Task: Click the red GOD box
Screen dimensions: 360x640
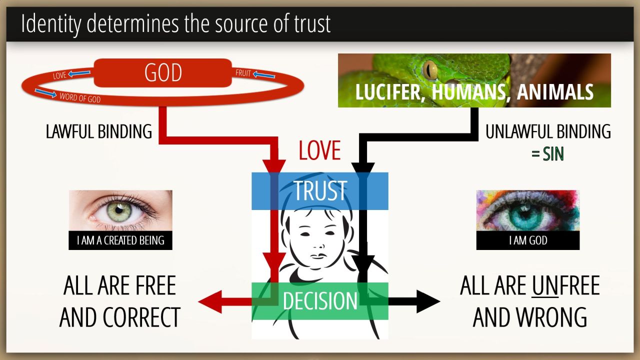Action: point(163,73)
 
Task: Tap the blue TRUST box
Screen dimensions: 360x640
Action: point(320,191)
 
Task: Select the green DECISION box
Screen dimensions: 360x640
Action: point(320,301)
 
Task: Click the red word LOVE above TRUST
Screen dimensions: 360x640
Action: point(319,150)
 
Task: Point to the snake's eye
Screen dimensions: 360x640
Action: point(429,70)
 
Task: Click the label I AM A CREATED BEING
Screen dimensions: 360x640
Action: point(120,240)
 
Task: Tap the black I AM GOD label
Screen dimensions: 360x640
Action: point(528,240)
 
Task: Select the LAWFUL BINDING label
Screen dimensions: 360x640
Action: point(99,131)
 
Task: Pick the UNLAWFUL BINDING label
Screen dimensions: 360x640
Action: point(548,131)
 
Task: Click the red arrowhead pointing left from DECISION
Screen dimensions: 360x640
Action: point(210,301)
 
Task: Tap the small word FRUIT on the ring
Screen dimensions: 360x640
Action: point(243,73)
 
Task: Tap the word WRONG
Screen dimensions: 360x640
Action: point(555,317)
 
